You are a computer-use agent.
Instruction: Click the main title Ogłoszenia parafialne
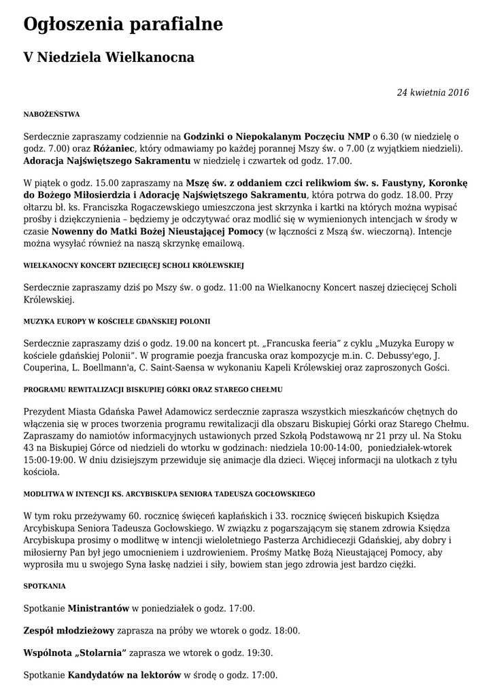[123, 25]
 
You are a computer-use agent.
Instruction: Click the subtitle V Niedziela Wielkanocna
[109, 58]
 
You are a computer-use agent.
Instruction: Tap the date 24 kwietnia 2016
[432, 92]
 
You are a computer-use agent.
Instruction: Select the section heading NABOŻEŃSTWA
[52, 114]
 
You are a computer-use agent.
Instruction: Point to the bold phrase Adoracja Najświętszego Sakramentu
[107, 161]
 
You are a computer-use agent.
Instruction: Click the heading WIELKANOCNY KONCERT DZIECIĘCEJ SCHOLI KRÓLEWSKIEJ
[133, 265]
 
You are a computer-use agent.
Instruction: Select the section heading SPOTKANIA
[44, 585]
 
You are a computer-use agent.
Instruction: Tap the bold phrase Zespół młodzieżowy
[69, 630]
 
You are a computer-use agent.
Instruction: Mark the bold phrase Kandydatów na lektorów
[124, 675]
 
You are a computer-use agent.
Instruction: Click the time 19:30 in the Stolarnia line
[258, 652]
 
